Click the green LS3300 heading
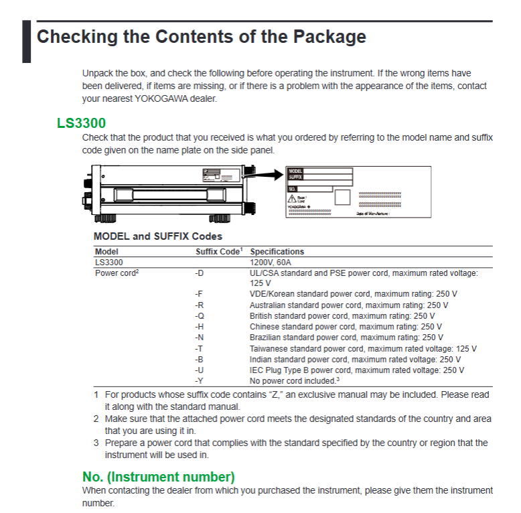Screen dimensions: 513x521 (x=81, y=123)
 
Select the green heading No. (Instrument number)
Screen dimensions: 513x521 (x=158, y=477)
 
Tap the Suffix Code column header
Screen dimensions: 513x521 (x=218, y=252)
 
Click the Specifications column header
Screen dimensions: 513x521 (x=277, y=252)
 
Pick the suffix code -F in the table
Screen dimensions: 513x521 (x=199, y=294)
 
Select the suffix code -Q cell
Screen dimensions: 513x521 (x=199, y=316)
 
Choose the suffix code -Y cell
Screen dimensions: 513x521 (x=199, y=380)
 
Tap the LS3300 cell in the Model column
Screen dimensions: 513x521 (x=108, y=263)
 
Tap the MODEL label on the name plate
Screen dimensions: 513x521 (x=295, y=171)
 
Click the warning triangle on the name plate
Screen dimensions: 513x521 (x=293, y=199)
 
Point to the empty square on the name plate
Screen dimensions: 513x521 (x=342, y=198)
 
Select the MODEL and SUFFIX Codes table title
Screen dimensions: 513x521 (x=158, y=236)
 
